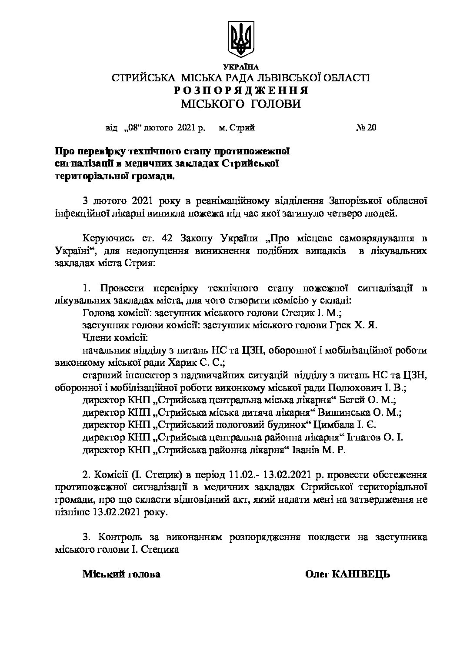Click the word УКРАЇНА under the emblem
point(240,67)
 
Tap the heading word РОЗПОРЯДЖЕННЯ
point(241,90)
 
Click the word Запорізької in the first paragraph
point(346,201)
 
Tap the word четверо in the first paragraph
point(327,213)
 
